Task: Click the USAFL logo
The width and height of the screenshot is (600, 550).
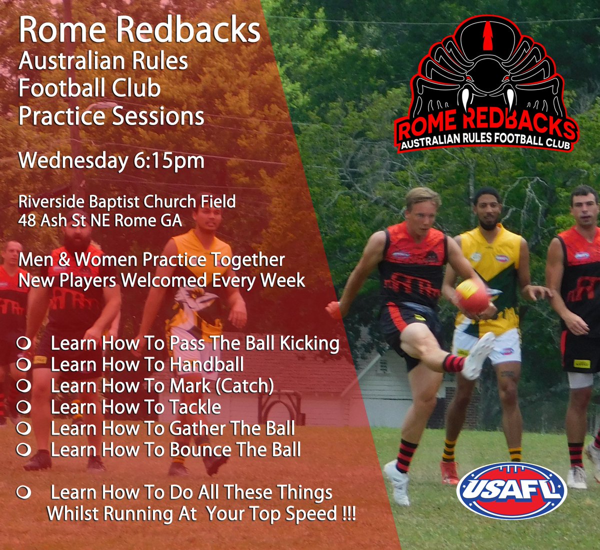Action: [x=511, y=492]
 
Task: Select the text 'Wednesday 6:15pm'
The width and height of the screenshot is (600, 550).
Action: [x=111, y=161]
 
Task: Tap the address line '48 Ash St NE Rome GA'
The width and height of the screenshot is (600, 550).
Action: [x=100, y=220]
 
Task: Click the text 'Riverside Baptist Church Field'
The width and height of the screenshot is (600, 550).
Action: [x=127, y=202]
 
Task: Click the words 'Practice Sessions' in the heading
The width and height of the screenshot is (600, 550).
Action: [x=111, y=116]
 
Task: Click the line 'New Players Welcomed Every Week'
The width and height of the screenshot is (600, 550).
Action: [x=161, y=280]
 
